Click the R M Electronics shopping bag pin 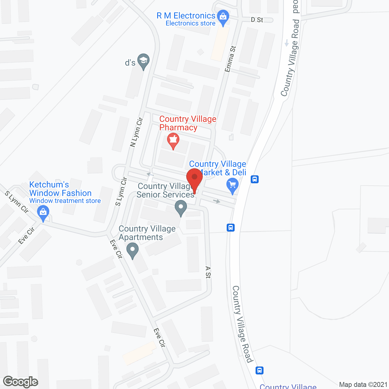(223, 18)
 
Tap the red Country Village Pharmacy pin (173, 140)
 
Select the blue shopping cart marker (232, 185)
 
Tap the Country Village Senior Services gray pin (181, 208)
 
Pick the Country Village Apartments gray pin (132, 250)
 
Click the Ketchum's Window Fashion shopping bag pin (43, 213)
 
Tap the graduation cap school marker (143, 61)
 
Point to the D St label (257, 20)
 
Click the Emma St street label (230, 59)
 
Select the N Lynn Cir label (136, 132)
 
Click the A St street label (208, 272)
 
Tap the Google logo (20, 382)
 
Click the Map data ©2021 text (363, 385)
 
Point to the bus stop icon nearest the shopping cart (255, 179)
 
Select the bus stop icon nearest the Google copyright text (260, 370)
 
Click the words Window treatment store (65, 201)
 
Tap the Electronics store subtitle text (191, 23)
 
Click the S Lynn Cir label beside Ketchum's (17, 202)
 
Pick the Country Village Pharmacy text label (188, 123)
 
